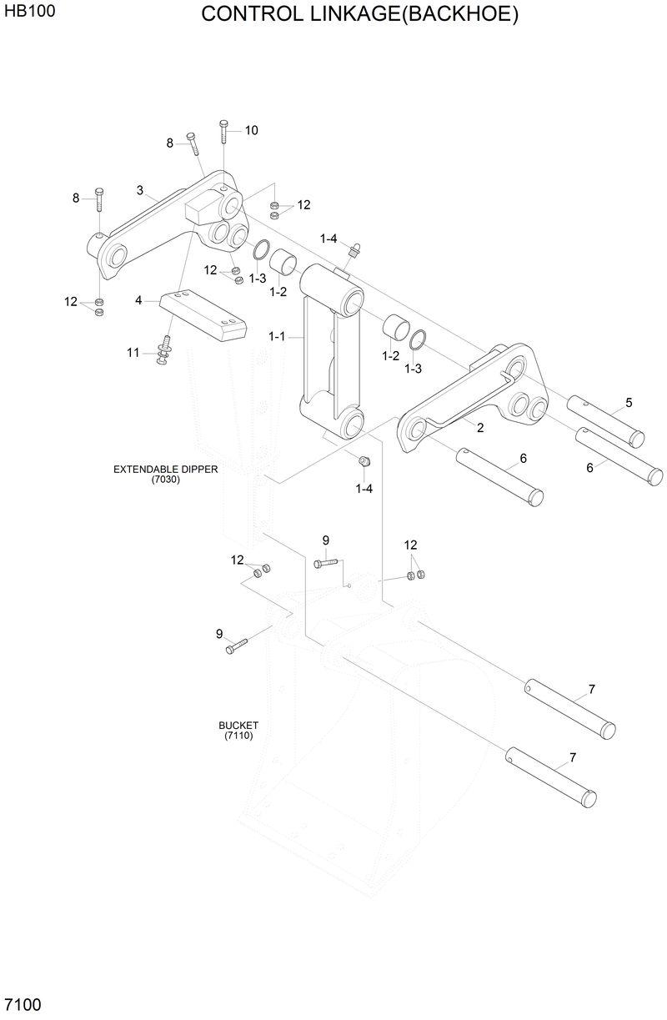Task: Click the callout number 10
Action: [x=251, y=130]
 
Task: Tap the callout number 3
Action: [x=140, y=190]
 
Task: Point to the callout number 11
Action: [x=133, y=353]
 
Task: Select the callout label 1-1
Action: [x=277, y=336]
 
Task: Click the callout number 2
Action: [x=480, y=428]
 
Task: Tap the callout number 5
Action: [x=629, y=403]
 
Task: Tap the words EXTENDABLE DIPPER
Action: [x=165, y=470]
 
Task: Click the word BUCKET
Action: [x=238, y=726]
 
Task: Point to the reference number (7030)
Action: [x=165, y=480]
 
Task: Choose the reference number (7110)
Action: [x=238, y=736]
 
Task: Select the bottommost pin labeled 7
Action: [x=551, y=777]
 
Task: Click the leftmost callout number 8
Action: [x=76, y=198]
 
